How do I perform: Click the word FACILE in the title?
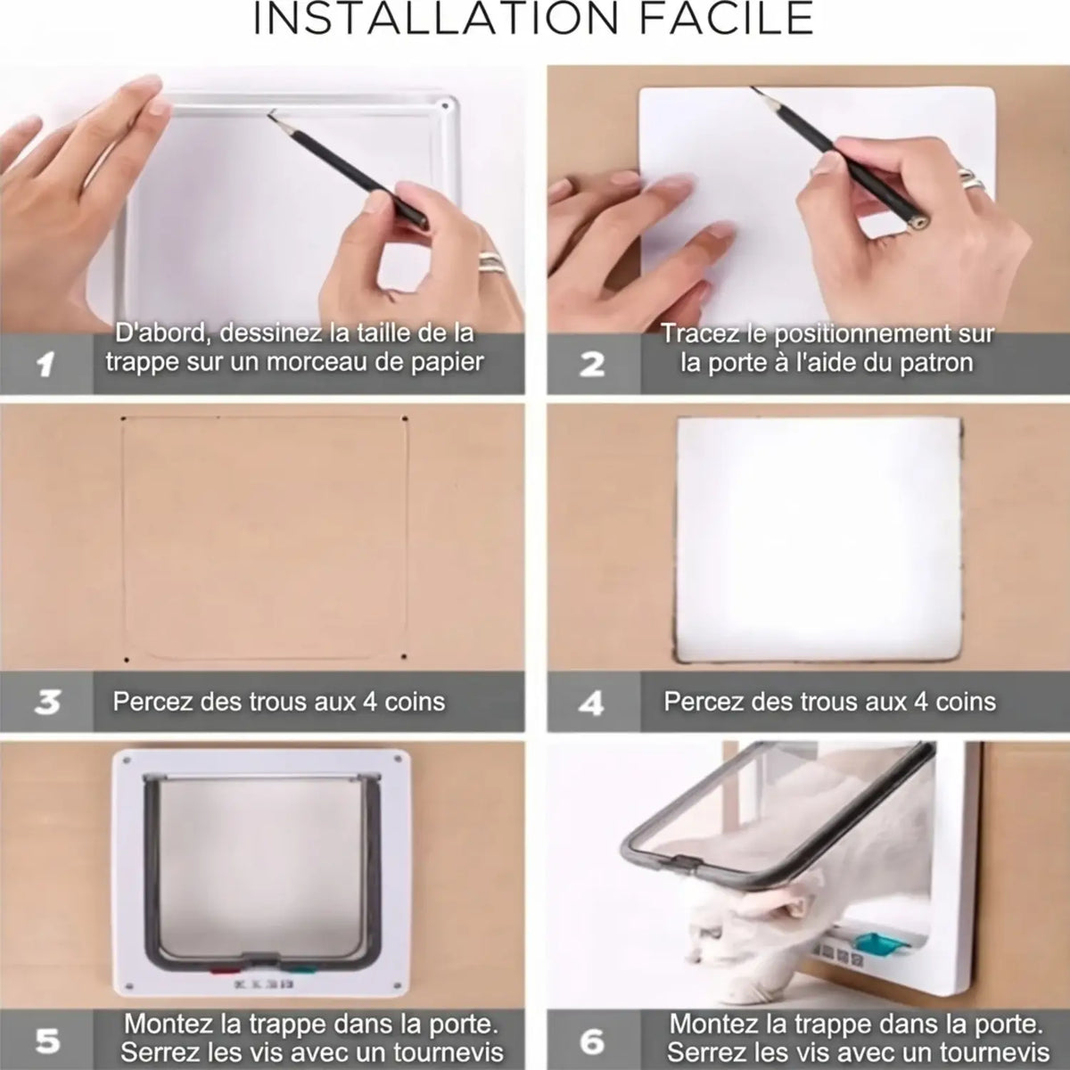727,19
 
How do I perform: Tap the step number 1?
45,365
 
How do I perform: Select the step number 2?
592,365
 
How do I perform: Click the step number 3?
47,703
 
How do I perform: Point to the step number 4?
592,704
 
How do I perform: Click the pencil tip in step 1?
270,114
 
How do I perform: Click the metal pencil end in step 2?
919,222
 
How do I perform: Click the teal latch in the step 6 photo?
879,944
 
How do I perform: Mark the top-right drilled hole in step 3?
405,419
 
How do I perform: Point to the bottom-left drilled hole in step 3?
128,661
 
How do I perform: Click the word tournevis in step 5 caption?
449,1051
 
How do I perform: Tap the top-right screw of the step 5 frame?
398,758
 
